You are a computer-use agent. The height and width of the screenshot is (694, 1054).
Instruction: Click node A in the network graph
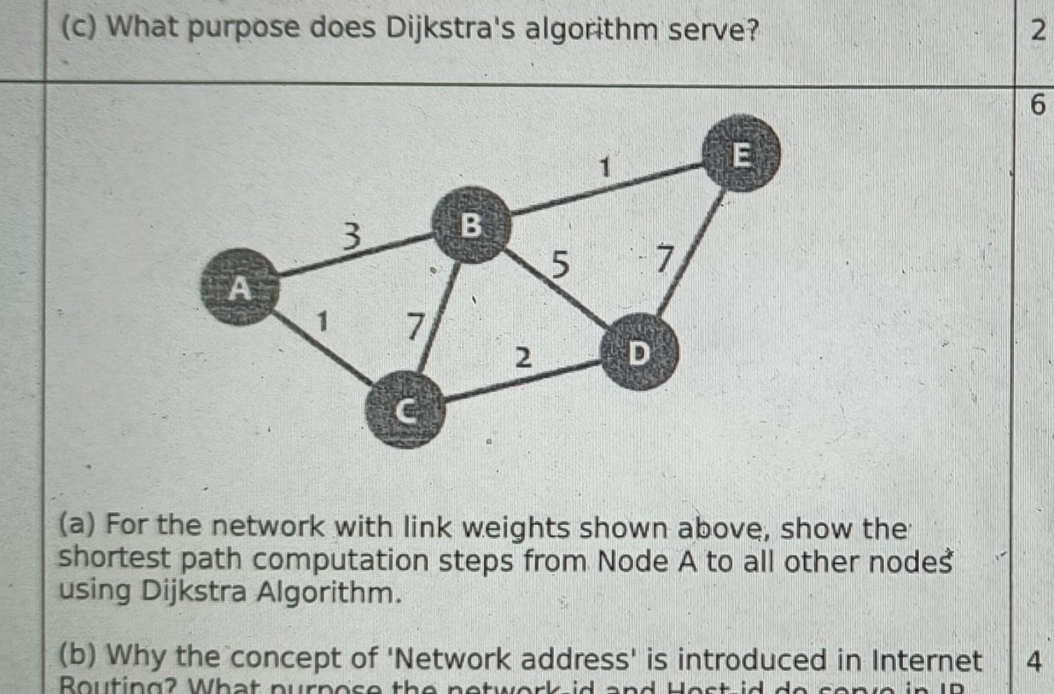tap(240, 287)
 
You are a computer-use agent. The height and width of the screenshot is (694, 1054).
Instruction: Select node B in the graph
tap(471, 225)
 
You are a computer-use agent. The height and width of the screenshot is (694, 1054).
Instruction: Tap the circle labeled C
tap(404, 411)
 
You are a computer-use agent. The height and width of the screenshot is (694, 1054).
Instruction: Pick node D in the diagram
tap(639, 352)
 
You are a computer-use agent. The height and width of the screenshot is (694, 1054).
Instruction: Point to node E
tap(741, 154)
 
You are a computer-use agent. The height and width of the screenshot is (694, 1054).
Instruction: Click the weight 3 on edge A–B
tap(351, 236)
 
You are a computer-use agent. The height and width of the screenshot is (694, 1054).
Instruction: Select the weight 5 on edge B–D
tap(560, 263)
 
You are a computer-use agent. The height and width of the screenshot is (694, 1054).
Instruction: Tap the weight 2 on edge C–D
tap(524, 357)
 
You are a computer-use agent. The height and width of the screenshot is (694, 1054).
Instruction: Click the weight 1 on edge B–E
tap(604, 168)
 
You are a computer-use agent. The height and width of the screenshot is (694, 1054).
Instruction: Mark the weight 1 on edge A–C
tap(323, 321)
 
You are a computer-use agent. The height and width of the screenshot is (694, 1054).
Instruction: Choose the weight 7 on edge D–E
tap(664, 258)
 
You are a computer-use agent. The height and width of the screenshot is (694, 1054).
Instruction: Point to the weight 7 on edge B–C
tap(416, 326)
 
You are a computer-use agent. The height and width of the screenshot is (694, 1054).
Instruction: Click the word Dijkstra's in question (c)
tap(451, 29)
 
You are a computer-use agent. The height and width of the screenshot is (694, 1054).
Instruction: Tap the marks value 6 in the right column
tap(1037, 104)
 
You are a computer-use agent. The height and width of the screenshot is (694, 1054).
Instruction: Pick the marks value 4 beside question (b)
tap(1033, 661)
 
